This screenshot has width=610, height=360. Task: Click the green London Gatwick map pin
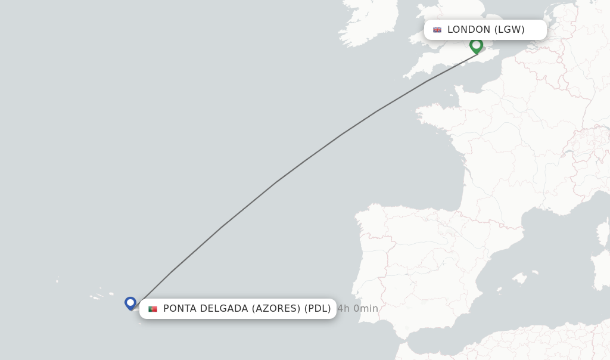476,45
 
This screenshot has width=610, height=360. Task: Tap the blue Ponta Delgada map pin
130,303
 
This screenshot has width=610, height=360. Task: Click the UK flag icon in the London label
437,30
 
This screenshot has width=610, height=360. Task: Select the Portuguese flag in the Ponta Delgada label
152,309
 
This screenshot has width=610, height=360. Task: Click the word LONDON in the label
469,30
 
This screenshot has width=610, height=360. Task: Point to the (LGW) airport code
509,30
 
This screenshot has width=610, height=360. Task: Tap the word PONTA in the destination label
181,309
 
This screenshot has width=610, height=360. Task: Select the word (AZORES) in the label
276,309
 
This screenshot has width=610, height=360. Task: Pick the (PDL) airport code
318,309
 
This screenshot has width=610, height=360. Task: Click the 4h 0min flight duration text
357,309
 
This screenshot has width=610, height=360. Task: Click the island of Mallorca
521,278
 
